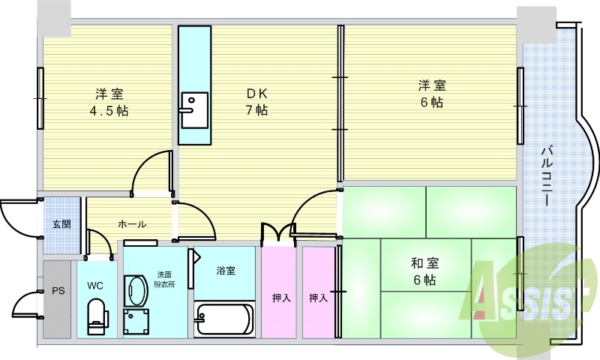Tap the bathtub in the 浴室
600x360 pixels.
[x=224, y=319]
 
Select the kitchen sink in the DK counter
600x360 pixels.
[x=195, y=109]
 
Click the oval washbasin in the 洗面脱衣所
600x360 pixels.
[x=136, y=290]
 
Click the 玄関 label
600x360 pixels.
[x=61, y=223]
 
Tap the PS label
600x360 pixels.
[x=58, y=291]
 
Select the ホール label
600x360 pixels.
[x=132, y=224]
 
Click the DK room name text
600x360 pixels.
[x=256, y=93]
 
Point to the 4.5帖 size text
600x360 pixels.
[x=109, y=111]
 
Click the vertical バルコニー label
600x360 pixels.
[x=546, y=175]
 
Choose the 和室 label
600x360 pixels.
[x=424, y=263]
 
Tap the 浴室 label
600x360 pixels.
[x=226, y=271]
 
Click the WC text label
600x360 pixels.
[x=95, y=286]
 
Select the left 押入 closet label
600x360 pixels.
[x=281, y=298]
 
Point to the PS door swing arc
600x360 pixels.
[x=19, y=300]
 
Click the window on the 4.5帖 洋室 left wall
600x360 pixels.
[x=40, y=98]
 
